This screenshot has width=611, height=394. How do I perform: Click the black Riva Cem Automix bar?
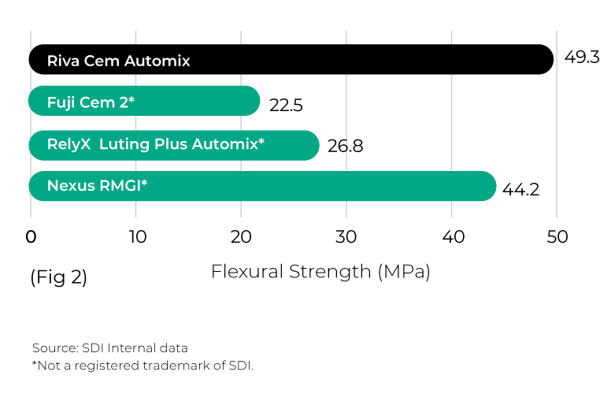[x=291, y=59]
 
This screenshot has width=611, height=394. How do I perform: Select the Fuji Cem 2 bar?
[x=144, y=101]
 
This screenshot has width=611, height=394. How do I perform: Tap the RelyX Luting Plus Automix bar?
[x=174, y=145]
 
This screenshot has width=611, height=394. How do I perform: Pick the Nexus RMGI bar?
[x=262, y=186]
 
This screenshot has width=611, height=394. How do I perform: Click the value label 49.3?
[x=582, y=57]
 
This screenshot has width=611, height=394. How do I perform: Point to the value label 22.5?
[x=286, y=106]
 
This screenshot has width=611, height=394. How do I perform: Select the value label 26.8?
[x=345, y=146]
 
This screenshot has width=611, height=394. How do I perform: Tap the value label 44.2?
[x=520, y=190]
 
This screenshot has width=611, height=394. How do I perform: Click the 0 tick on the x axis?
[x=31, y=236]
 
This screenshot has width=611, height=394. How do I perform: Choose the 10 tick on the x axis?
[x=138, y=236]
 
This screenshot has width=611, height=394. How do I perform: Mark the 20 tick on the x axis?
[x=241, y=236]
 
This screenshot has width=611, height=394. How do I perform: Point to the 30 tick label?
[x=346, y=236]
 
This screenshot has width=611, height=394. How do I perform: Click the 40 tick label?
[x=454, y=236]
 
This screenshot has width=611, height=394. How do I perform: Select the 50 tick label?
[x=557, y=236]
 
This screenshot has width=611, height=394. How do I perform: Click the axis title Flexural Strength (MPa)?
[x=320, y=272]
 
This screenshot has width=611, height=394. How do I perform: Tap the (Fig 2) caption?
[x=58, y=277]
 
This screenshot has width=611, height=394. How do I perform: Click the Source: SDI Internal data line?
[x=110, y=348]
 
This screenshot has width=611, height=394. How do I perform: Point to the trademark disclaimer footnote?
[x=143, y=366]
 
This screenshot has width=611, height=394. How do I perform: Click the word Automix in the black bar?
[x=157, y=61]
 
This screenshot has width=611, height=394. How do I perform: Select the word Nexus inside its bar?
[x=72, y=186]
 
